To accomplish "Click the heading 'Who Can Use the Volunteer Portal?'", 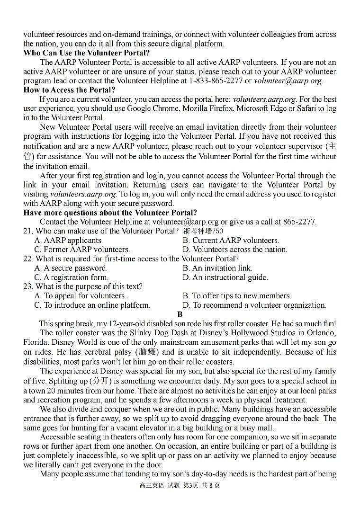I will (86, 53).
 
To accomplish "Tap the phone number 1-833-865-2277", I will (216, 81).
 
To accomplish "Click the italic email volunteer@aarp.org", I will (288, 81).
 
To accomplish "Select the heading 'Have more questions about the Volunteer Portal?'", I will (110, 213).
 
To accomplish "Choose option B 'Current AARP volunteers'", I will (231, 241).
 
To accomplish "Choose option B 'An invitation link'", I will (217, 268).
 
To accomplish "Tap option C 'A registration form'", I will (71, 277).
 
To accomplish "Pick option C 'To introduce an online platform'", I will (92, 305).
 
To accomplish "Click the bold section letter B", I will (180, 314).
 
